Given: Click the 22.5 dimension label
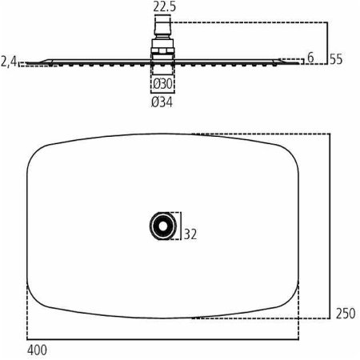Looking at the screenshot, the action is point(165,6).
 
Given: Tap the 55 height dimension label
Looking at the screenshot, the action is point(336,59).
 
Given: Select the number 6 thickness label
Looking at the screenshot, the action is point(310,58).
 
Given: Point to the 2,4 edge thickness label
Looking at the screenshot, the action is point(9,62).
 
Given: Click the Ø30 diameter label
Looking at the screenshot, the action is point(162,84).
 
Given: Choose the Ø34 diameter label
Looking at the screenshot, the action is point(162,102).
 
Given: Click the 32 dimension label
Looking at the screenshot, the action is point(190,234).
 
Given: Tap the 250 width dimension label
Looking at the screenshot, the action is point(346,314).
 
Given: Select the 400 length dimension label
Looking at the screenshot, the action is point(37,350).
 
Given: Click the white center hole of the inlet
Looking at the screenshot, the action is point(163,226).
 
